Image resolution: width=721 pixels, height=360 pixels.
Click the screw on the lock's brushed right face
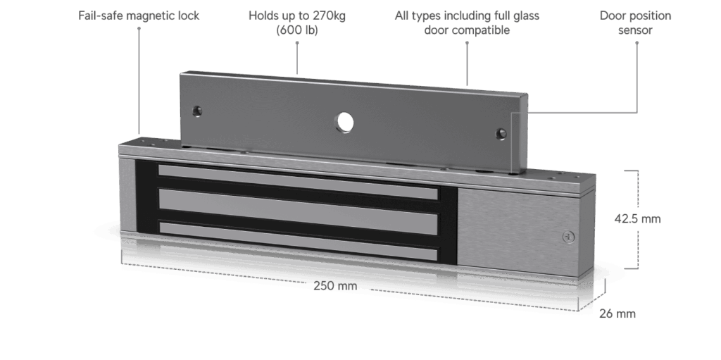567,237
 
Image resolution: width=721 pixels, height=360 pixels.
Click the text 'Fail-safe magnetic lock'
139,15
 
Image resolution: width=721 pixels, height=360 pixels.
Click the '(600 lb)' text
297,30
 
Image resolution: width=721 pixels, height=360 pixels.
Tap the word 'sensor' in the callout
637,30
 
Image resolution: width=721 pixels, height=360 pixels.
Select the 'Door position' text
637,15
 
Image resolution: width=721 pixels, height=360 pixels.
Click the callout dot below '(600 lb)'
297,43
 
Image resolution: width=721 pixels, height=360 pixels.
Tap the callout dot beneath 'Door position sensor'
637,43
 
